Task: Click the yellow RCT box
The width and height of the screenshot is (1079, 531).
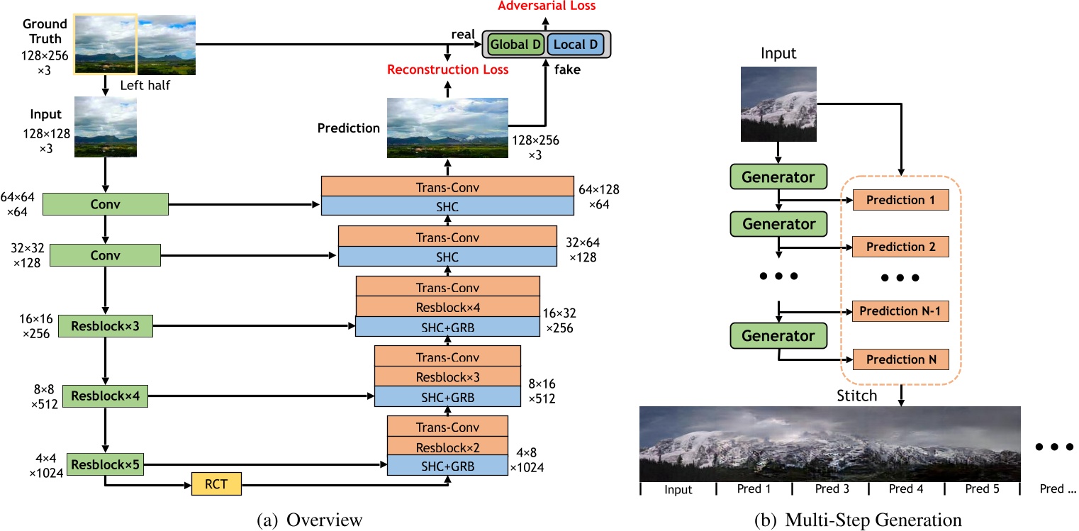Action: click(x=217, y=484)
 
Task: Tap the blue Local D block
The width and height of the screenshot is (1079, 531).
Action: click(x=575, y=45)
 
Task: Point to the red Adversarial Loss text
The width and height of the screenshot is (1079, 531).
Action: click(x=546, y=6)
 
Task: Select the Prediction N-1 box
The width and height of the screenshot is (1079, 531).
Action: click(x=900, y=311)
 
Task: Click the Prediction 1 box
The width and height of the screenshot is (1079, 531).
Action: click(x=900, y=200)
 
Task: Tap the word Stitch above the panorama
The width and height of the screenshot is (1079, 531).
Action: click(x=856, y=396)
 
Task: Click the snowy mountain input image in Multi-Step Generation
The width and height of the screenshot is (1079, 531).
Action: click(x=778, y=105)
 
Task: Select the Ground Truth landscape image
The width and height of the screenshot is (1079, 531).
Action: click(x=135, y=45)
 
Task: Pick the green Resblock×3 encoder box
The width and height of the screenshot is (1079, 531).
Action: click(x=105, y=328)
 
